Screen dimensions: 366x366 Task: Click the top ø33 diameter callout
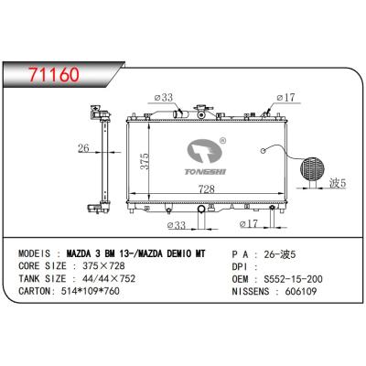(x=166, y=98)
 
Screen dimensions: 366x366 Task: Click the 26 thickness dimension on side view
(x=82, y=150)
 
